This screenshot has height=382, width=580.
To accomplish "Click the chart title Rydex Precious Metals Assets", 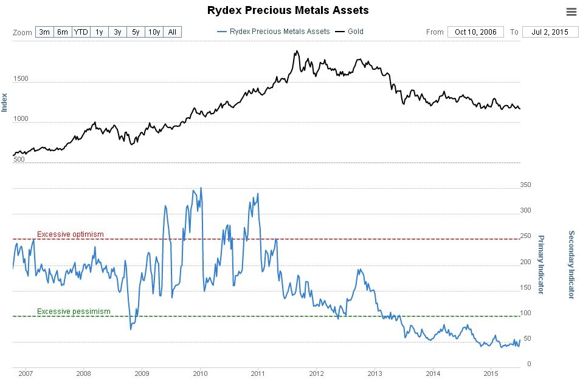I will [x=288, y=10].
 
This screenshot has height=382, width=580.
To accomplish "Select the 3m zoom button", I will [x=44, y=32].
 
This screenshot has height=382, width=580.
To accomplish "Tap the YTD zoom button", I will [x=81, y=32].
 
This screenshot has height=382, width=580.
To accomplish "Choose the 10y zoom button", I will [x=154, y=32].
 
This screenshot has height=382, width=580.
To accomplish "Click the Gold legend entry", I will [x=355, y=32].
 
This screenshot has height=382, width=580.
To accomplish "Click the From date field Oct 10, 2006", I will [x=475, y=32].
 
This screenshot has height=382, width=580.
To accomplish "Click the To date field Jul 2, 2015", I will [x=550, y=32].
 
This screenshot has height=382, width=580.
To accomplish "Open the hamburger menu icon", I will [x=571, y=12].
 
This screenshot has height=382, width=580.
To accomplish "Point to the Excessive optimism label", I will [x=71, y=234].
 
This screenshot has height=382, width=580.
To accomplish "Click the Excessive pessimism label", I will [x=74, y=312].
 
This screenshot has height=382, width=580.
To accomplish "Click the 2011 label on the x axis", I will [x=258, y=373].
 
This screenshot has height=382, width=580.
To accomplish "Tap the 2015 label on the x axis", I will [x=491, y=373].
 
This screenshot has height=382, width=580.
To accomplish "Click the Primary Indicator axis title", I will [x=541, y=264].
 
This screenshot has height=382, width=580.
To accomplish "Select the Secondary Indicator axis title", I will [x=571, y=264].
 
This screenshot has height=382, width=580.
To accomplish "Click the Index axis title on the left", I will [x=5, y=102].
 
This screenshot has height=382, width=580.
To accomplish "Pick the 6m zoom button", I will [x=63, y=32].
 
